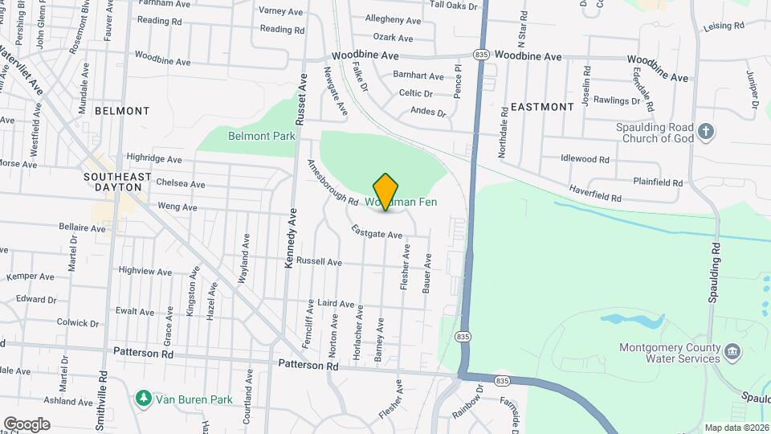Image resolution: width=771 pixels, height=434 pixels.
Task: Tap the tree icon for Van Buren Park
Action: [143, 399]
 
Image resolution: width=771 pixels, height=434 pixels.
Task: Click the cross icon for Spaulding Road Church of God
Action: [706, 132]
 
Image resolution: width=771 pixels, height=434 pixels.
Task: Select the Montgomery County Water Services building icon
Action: [732, 353]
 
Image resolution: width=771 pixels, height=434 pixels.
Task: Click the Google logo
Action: [27, 424]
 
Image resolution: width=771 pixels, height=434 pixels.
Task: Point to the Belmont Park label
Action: [262, 136]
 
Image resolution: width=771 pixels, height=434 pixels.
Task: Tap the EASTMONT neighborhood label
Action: [542, 106]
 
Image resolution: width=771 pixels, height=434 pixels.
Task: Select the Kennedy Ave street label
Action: [291, 239]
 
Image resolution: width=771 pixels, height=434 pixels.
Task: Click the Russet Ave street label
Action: [303, 100]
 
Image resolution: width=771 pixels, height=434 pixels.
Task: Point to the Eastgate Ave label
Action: [376, 233]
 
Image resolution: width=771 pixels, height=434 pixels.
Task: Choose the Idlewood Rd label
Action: [585, 158]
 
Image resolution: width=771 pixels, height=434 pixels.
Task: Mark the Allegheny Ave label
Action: [393, 20]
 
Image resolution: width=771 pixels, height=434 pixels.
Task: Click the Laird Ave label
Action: [336, 305]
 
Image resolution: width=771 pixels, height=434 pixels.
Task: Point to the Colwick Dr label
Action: [78, 323]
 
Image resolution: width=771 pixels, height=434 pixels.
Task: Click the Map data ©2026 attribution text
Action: [736, 428]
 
